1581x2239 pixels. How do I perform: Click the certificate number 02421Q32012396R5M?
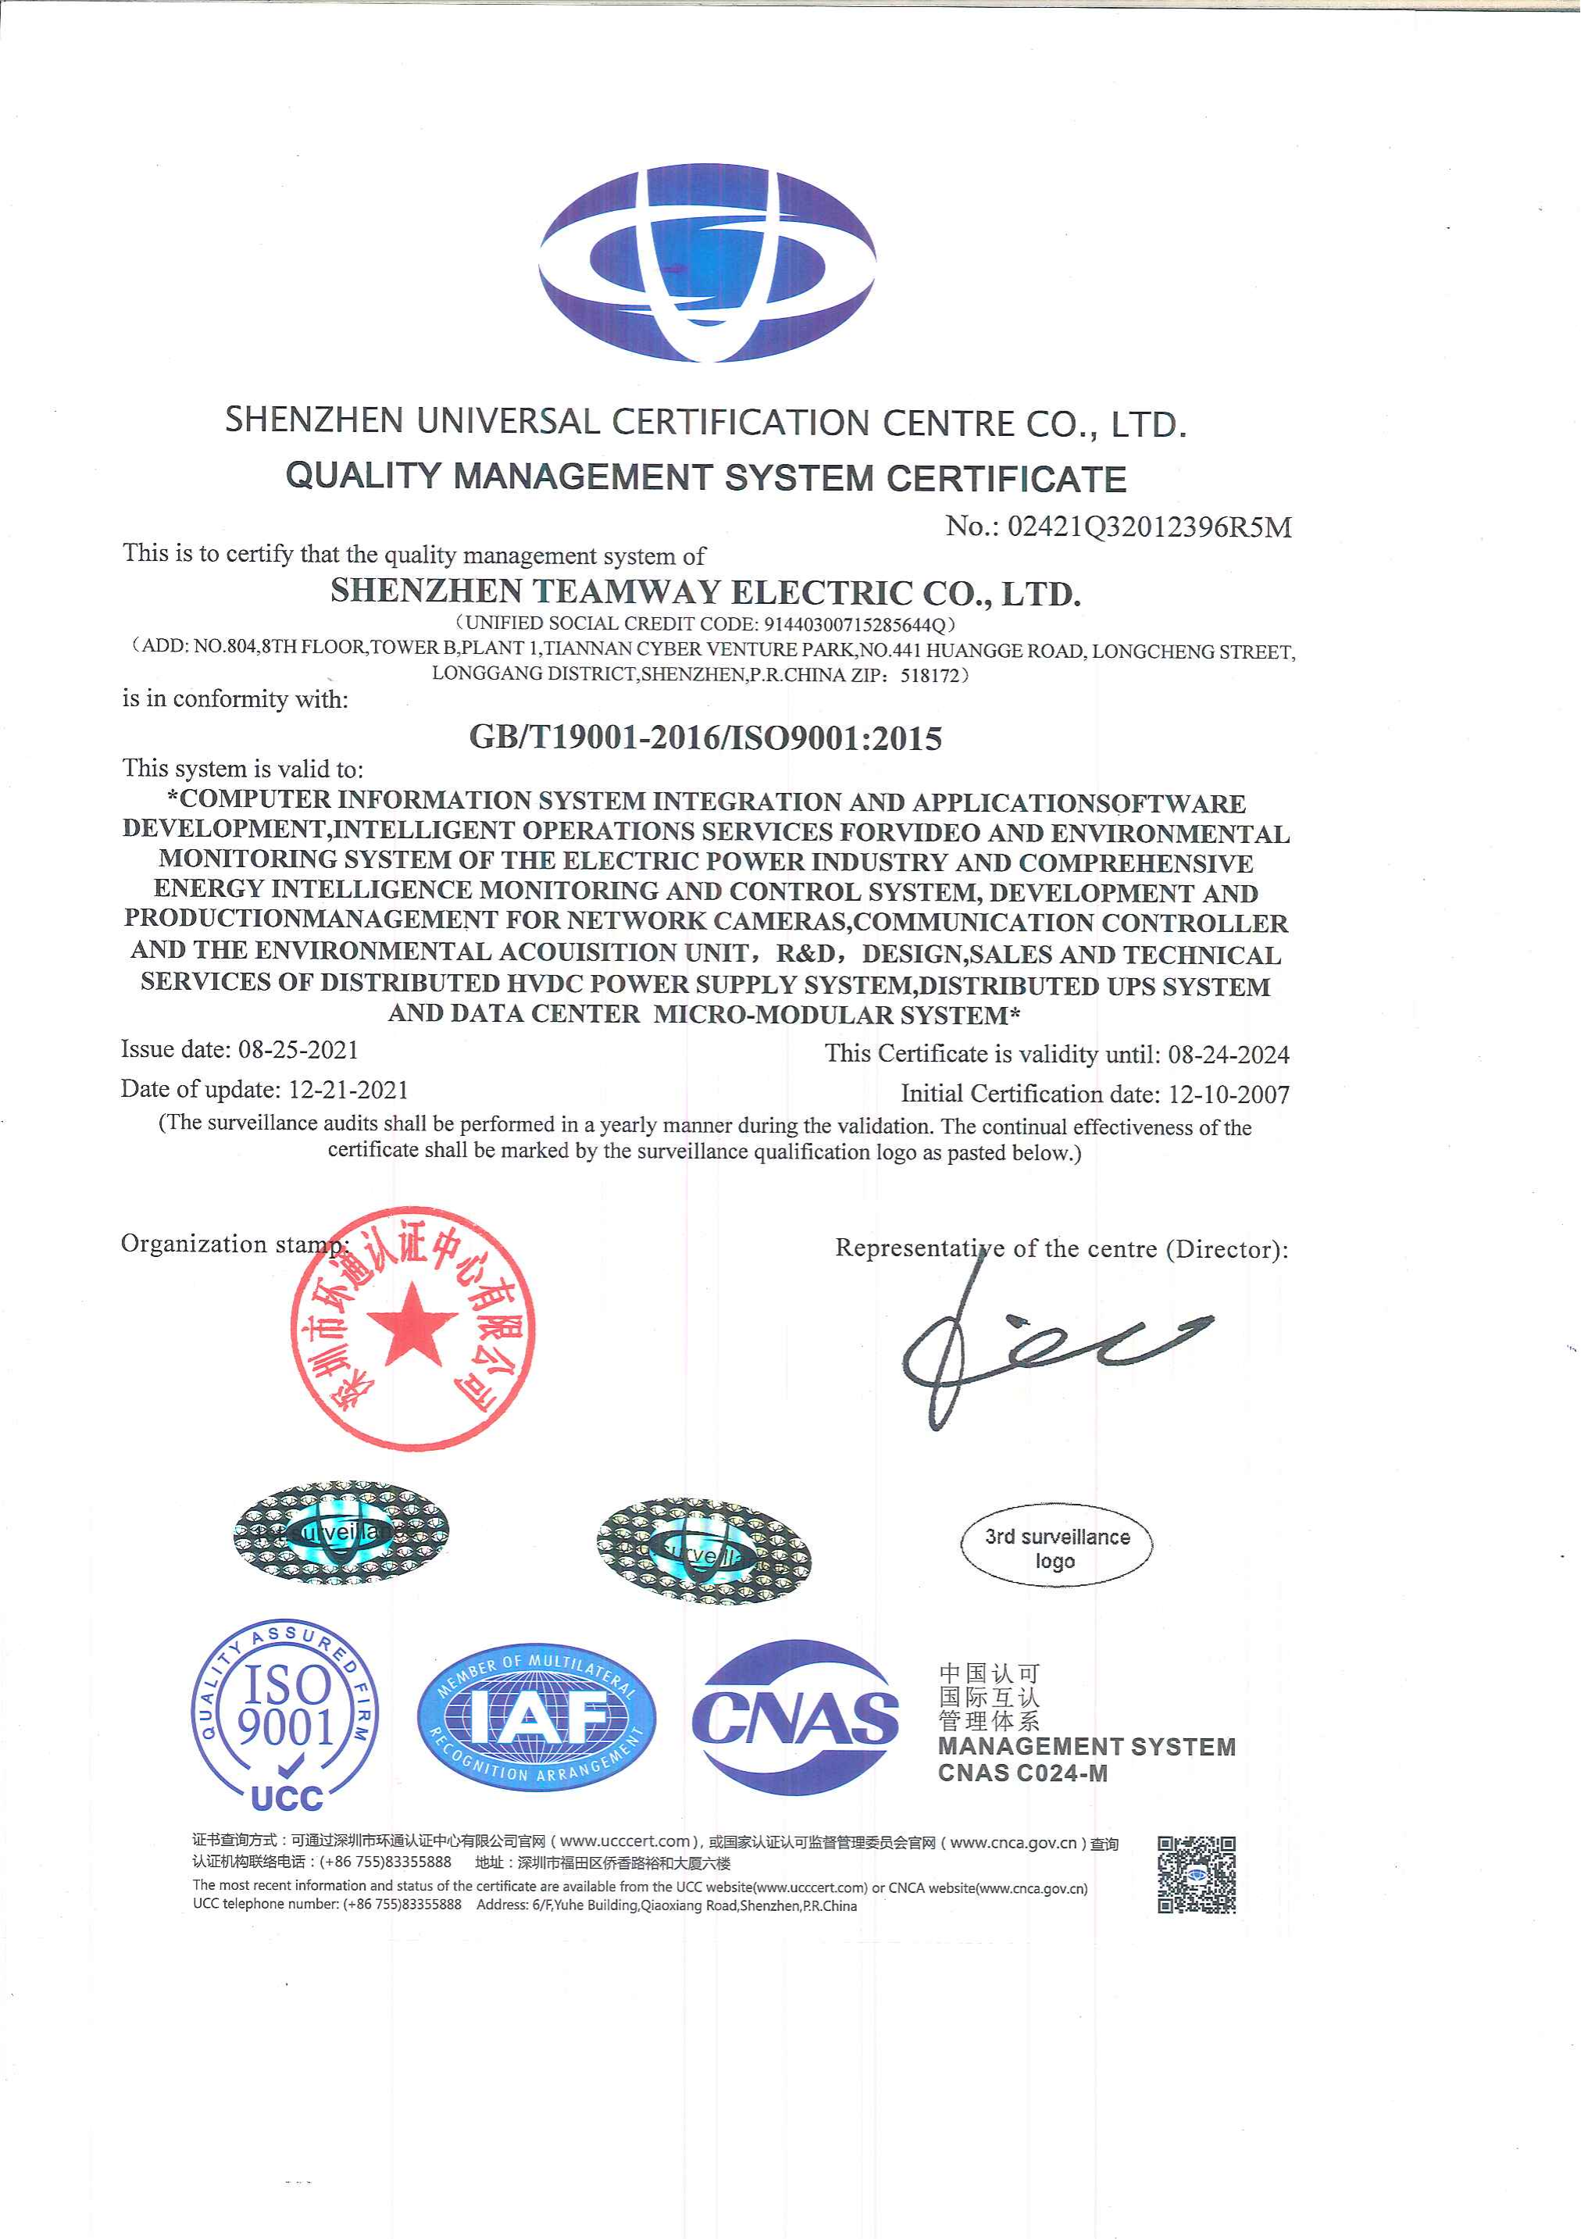tap(1149, 527)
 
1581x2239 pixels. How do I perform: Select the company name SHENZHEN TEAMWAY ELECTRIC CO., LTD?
tap(705, 592)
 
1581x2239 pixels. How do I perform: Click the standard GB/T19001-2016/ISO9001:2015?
tap(705, 737)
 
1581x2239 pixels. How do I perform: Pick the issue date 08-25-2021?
tap(298, 1049)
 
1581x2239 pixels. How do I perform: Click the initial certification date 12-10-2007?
tap(1228, 1095)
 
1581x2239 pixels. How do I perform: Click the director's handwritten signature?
tap(1044, 1346)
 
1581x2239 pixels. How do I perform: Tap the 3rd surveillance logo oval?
tap(1056, 1548)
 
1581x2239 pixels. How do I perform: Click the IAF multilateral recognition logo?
tap(537, 1718)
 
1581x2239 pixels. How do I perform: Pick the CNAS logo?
tap(795, 1718)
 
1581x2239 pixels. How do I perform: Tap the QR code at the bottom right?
tap(1197, 1874)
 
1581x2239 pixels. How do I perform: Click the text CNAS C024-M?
tap(1022, 1773)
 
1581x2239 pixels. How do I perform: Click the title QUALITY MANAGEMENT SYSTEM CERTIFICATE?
tap(705, 478)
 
